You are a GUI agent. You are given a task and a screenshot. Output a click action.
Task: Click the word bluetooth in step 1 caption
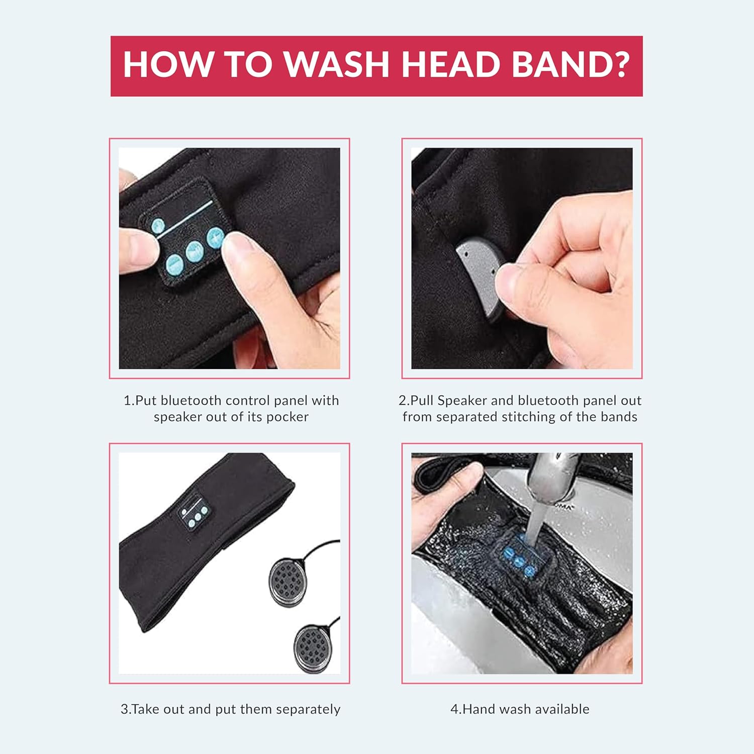click(x=191, y=401)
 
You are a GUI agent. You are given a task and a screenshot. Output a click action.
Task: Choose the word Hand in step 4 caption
click(x=479, y=709)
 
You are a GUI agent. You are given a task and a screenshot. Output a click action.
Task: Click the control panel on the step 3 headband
click(x=193, y=514)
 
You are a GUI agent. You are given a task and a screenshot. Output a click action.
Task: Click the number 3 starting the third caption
click(x=124, y=709)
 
